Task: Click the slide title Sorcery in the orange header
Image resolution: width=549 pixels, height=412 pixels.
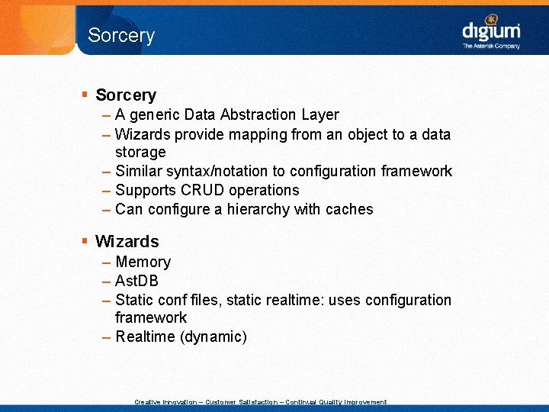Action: tap(121, 35)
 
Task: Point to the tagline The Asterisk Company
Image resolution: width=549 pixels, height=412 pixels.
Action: tap(491, 47)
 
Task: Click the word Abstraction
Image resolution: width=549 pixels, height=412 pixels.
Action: tap(255, 114)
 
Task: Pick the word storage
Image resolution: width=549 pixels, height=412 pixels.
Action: tap(140, 152)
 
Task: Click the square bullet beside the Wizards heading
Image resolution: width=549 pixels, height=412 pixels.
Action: tap(85, 242)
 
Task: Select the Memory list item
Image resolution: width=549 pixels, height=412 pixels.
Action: tap(143, 262)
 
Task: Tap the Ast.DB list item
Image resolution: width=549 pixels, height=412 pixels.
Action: tap(136, 281)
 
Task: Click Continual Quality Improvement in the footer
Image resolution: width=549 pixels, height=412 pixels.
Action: tap(335, 402)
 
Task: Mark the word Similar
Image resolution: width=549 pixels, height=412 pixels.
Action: tap(140, 171)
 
